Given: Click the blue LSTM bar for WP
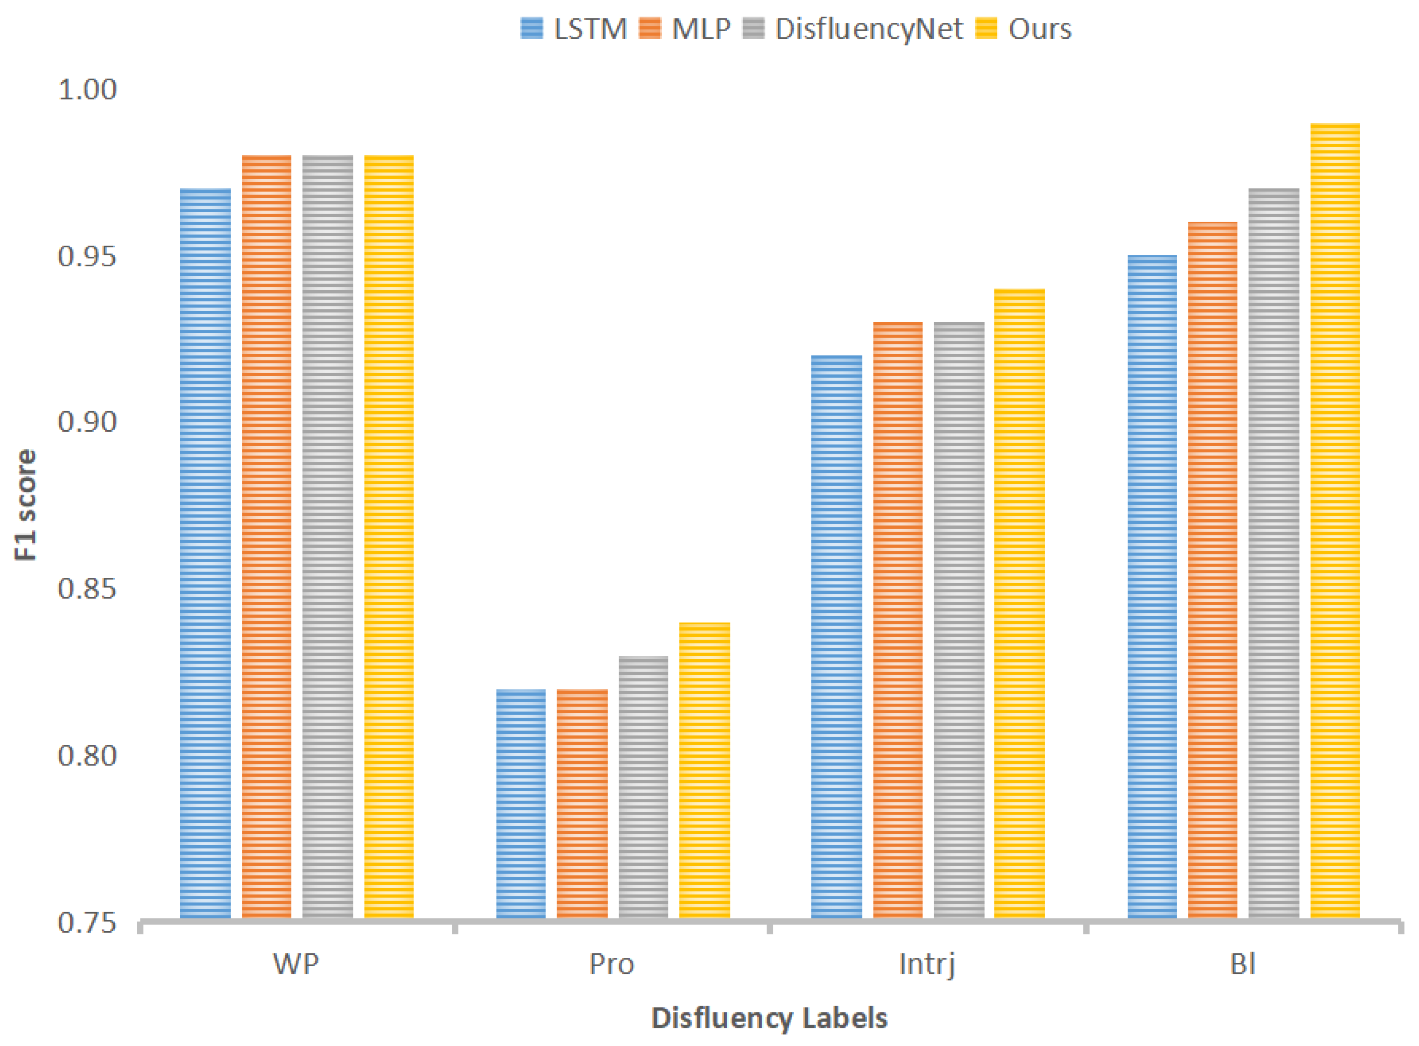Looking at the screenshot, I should coord(205,554).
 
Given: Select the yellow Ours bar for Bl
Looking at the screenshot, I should coord(1334,521).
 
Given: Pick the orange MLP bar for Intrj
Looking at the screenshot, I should coord(897,620).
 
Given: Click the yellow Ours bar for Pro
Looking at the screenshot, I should coord(704,771).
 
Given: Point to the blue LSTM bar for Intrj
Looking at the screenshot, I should coord(836,636).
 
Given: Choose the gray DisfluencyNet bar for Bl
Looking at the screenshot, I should coord(1273,554).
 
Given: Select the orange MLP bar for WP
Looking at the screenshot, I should coord(267,537).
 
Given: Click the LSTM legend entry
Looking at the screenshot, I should coord(573,29).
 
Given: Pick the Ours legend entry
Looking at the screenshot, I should coord(1023,29).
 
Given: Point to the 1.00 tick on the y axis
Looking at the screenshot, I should coord(87,90).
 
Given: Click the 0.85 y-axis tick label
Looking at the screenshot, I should coord(87,589).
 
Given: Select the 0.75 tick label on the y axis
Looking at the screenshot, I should coord(87,923).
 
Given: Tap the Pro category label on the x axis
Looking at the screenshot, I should coord(611,964).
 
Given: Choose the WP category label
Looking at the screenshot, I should coord(295,964).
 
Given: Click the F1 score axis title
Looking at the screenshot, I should coord(25,505).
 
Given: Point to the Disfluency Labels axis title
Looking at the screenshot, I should coord(769,1018).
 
